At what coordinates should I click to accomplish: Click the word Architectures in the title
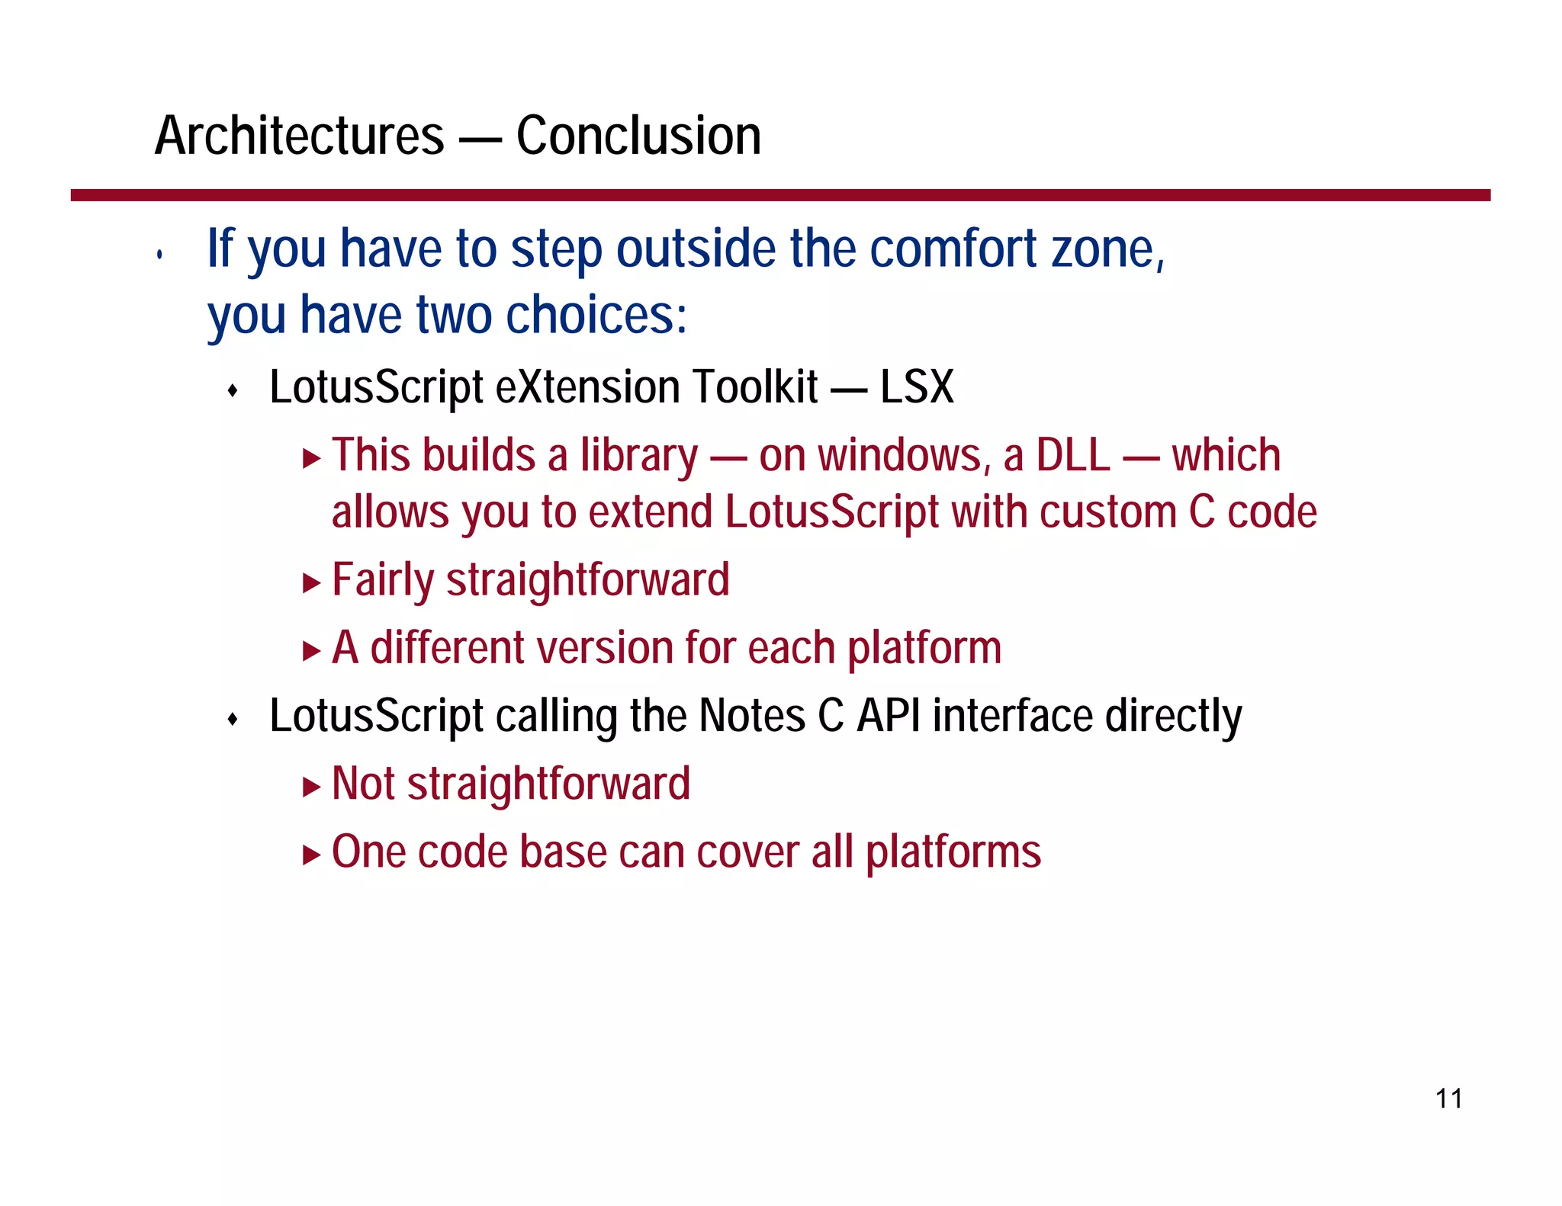pyautogui.click(x=299, y=136)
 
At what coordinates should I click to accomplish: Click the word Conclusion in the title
pyautogui.click(x=638, y=136)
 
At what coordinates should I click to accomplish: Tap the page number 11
pyautogui.click(x=1448, y=1099)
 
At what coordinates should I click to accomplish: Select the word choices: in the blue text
pyautogui.click(x=596, y=316)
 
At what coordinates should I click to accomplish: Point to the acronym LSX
pyautogui.click(x=917, y=387)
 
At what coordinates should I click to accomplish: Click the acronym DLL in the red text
pyautogui.click(x=1072, y=456)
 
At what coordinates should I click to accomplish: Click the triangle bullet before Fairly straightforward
pyautogui.click(x=311, y=584)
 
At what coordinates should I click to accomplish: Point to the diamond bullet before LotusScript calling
pyautogui.click(x=233, y=720)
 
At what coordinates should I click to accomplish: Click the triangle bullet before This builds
pyautogui.click(x=311, y=459)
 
